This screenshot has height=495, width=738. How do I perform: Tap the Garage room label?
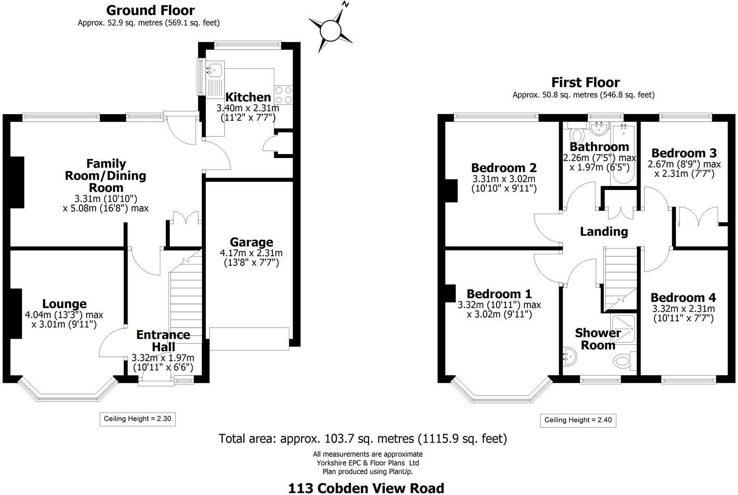[x=251, y=242]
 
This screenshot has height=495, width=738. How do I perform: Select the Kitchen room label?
[x=248, y=97]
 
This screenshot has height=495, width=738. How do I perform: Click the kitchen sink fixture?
[x=214, y=70]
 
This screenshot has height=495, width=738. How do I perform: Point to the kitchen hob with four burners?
[x=283, y=94]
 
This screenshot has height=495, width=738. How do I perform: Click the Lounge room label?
[x=64, y=304]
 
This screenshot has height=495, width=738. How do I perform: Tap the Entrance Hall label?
[x=163, y=341]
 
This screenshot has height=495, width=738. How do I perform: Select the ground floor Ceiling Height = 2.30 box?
[x=138, y=419]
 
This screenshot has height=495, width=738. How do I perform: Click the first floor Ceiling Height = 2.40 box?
[x=578, y=420]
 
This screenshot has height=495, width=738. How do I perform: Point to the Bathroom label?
[x=599, y=146]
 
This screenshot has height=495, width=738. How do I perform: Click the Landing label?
[x=604, y=232]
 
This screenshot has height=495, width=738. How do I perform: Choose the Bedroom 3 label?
[x=683, y=153]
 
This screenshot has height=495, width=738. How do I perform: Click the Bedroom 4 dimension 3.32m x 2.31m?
[x=683, y=309]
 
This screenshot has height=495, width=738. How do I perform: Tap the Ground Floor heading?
[x=150, y=10]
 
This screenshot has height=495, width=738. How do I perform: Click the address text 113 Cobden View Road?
[x=366, y=488]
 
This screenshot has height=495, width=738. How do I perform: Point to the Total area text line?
[x=363, y=438]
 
